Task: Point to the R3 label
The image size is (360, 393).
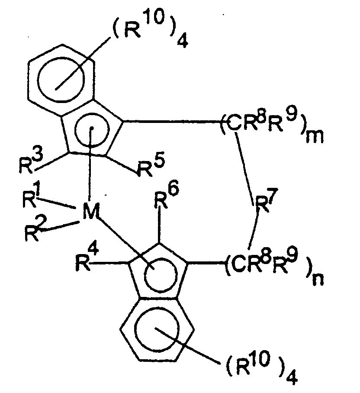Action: click(28, 163)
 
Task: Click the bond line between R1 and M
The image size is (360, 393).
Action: click(59, 205)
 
